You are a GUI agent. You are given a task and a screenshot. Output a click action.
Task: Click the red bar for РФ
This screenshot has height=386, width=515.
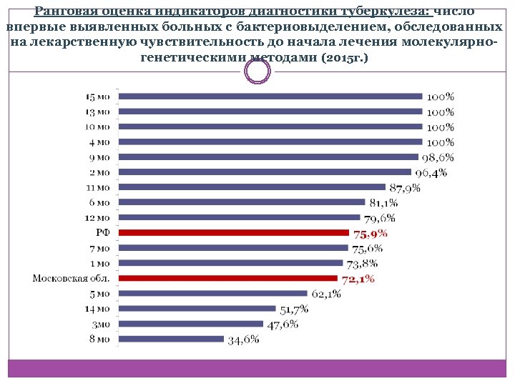234,232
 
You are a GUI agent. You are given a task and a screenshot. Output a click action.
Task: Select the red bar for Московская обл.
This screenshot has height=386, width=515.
227,278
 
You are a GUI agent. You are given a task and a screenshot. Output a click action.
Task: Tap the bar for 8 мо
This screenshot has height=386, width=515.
171,339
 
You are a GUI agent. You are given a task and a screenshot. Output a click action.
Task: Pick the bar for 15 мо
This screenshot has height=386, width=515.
270,96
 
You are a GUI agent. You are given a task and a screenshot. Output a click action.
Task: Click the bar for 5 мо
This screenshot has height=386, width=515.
212,293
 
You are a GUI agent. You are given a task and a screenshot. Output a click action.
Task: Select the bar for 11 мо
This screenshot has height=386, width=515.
252,187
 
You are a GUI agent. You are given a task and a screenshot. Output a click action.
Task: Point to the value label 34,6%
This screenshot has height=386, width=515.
243,340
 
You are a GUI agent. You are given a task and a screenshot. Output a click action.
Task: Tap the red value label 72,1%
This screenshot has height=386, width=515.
358,279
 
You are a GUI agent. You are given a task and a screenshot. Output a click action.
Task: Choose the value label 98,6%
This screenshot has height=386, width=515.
438,157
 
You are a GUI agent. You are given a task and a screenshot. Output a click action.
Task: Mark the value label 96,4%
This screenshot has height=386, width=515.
431,172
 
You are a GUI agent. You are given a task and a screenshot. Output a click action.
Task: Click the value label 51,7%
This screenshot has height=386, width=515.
294,309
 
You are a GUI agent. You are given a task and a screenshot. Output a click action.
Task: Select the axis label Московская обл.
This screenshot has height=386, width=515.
72,278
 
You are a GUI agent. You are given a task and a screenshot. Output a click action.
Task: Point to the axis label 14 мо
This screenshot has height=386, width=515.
98,309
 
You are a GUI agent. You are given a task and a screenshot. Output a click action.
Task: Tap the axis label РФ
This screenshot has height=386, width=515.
103,232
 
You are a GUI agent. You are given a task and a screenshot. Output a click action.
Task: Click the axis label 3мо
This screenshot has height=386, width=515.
100,324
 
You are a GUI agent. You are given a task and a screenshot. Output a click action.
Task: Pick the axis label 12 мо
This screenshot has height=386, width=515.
98,217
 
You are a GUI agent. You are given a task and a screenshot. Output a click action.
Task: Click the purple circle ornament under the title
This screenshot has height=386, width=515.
257,71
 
